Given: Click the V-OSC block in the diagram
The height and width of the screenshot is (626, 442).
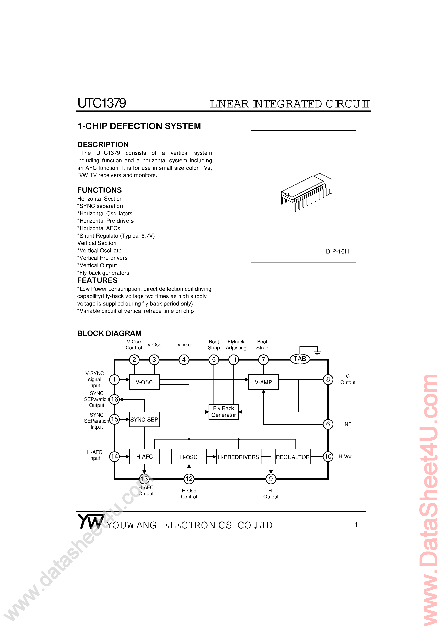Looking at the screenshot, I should (x=144, y=382).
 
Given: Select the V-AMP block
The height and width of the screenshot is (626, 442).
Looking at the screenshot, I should (x=263, y=382).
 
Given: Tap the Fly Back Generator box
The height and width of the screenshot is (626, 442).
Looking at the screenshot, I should (x=223, y=412).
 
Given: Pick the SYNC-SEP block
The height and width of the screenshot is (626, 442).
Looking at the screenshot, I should (x=144, y=419).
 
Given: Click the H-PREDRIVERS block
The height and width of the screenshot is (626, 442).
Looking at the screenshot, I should (x=239, y=457).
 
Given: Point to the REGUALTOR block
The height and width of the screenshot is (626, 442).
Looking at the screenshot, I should (x=293, y=457).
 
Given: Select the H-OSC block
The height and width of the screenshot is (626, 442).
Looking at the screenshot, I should (x=189, y=457).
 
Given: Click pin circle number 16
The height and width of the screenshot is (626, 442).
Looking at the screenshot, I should (x=114, y=399).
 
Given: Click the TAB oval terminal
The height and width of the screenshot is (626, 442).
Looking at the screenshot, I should (x=300, y=359).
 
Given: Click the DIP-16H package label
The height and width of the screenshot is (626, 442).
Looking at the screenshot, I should (x=337, y=251).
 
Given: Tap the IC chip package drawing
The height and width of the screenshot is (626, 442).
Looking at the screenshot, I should (x=306, y=192).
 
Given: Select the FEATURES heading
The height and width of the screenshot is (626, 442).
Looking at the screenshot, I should (x=97, y=280).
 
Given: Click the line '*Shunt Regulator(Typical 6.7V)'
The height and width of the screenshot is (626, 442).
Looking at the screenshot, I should (x=116, y=236).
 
